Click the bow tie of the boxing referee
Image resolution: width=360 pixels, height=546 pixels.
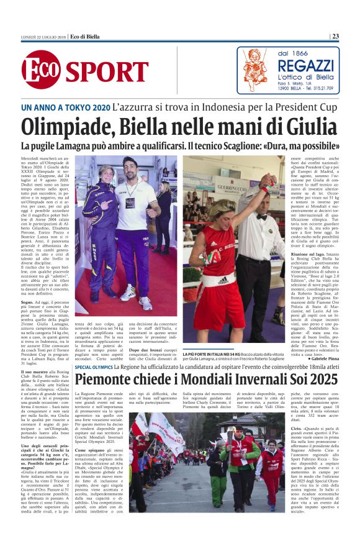point(262,217)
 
